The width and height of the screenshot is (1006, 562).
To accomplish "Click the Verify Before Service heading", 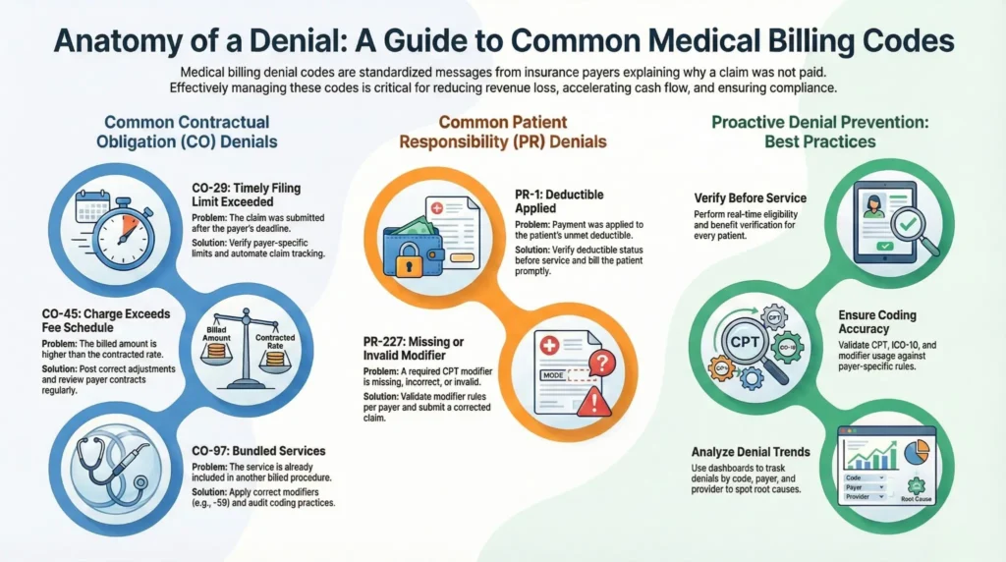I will [750, 197].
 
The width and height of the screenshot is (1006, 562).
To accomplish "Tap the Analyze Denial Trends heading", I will [750, 452].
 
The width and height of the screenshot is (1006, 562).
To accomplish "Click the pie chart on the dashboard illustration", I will [915, 452].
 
